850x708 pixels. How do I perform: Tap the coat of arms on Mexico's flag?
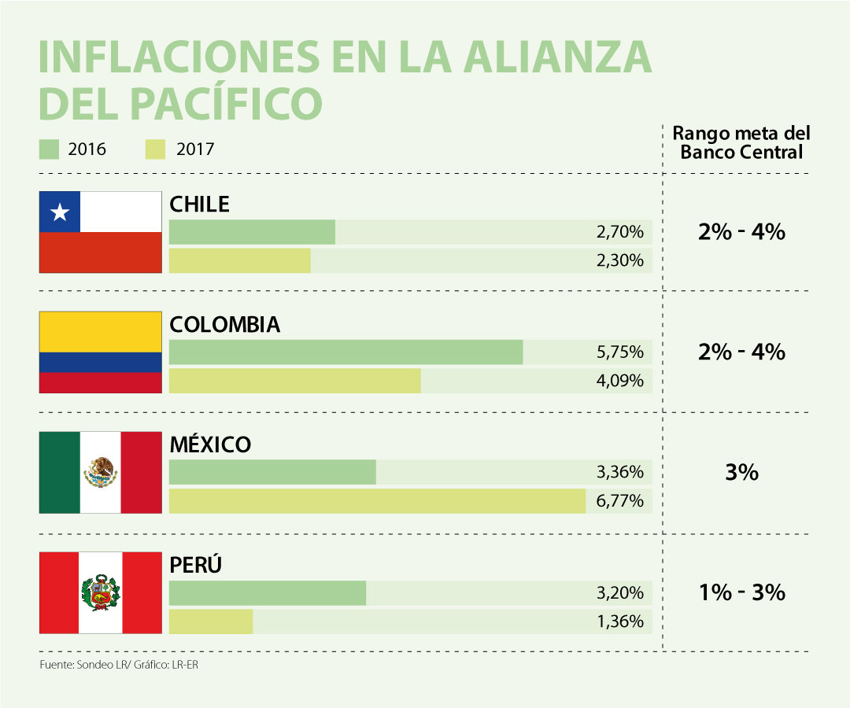101,472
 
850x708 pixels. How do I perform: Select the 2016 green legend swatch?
49,149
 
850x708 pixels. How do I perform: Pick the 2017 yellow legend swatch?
155,149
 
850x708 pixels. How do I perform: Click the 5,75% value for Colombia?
620,352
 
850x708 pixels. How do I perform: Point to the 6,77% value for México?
620,501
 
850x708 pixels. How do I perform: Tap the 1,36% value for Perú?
620,621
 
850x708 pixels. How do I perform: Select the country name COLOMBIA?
224,325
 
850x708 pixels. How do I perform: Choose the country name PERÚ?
196,565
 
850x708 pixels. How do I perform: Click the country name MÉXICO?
210,444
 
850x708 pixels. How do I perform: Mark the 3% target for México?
741,473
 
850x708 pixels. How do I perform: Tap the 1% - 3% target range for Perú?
741,592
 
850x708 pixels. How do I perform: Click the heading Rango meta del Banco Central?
741,142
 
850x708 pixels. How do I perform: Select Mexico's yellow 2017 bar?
377,501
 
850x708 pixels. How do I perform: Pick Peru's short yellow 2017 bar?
211,621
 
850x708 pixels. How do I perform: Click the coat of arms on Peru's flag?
101,592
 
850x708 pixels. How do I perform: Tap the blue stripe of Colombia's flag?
101,363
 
